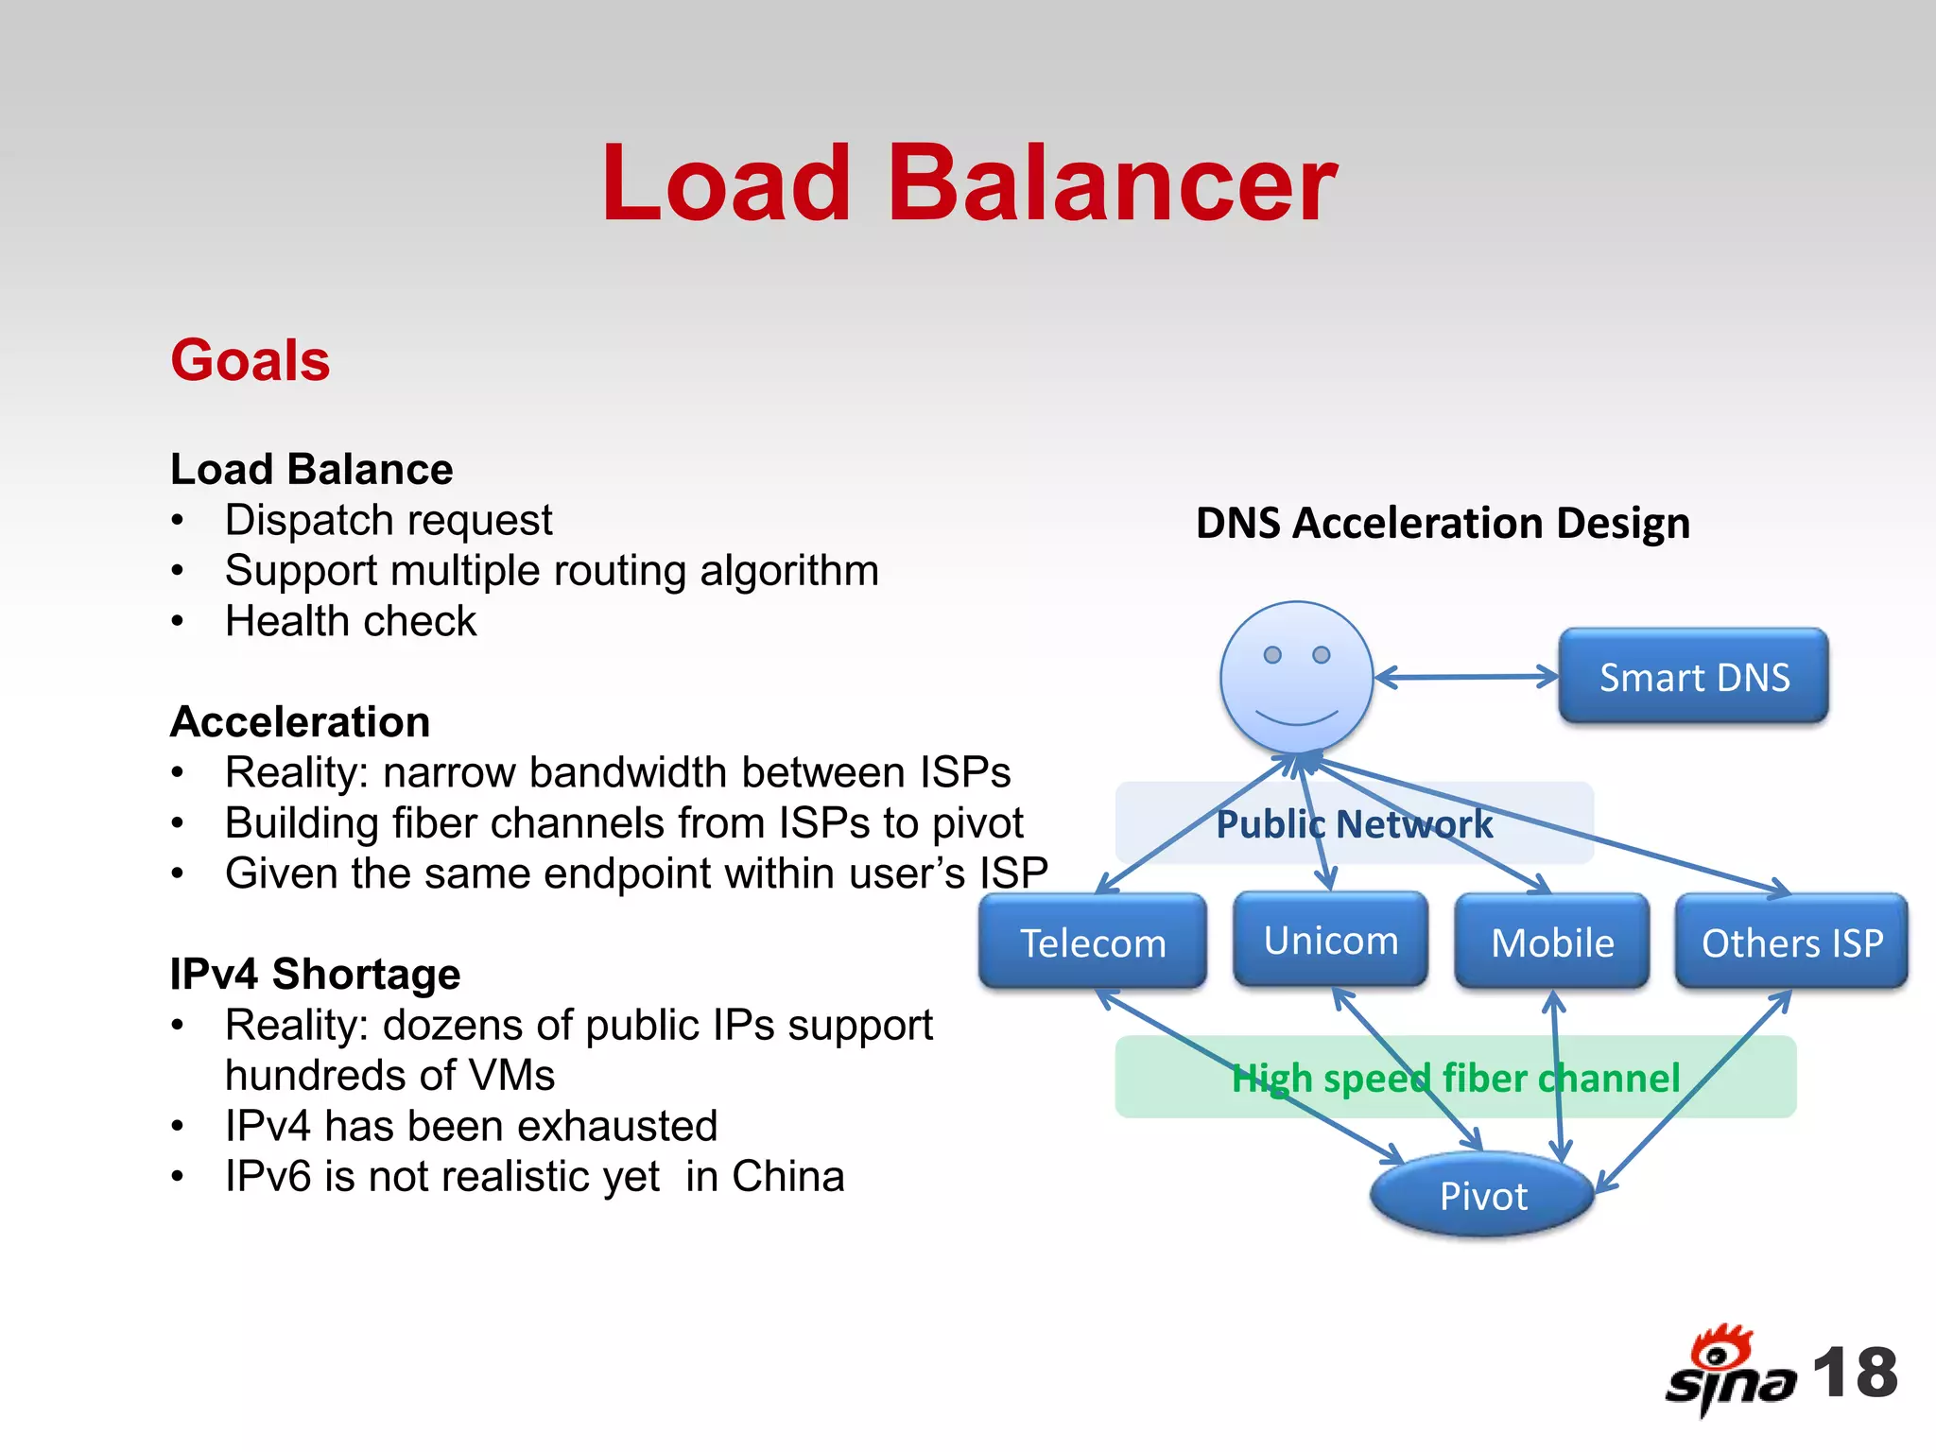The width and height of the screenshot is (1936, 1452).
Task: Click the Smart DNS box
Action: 1693,677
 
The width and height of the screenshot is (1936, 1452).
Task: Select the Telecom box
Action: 1093,942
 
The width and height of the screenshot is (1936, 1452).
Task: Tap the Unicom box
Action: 1330,940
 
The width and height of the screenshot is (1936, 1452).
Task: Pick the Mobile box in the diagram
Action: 1552,942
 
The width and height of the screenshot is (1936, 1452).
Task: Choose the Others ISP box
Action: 1791,942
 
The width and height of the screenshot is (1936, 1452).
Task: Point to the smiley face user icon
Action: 1296,677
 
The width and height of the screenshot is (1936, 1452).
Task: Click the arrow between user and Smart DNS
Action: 1465,677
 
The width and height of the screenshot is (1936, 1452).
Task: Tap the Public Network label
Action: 1354,823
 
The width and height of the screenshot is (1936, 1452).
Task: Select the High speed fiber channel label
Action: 1456,1078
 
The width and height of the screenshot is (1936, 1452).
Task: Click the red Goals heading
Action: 251,360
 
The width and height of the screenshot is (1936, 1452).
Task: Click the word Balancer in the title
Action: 1112,183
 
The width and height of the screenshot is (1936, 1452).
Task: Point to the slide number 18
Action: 1855,1373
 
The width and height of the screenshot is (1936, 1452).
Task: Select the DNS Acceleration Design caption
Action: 1443,523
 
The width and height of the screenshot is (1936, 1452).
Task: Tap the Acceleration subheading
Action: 301,721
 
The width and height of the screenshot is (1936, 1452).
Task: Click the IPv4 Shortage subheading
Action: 315,974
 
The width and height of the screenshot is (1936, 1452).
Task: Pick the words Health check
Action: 351,621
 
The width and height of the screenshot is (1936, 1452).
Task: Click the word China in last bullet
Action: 787,1177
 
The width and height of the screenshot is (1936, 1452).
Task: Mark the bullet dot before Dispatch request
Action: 177,521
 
